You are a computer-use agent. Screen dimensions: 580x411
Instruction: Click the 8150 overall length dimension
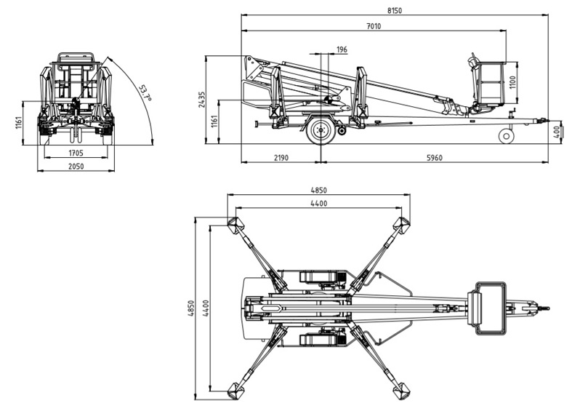tap(395, 11)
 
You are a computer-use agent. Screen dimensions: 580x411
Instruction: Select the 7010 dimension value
tap(374, 26)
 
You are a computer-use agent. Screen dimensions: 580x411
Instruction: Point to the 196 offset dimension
tap(342, 49)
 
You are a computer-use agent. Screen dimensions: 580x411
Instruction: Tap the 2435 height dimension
tap(201, 99)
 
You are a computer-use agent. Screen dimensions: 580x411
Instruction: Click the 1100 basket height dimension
tap(512, 83)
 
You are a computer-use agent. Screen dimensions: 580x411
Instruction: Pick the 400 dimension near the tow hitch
tap(557, 132)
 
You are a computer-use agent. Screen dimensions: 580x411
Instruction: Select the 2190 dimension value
tap(281, 158)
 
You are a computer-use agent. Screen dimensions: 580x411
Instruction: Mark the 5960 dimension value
tap(435, 158)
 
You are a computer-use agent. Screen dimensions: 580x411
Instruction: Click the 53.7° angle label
tap(145, 93)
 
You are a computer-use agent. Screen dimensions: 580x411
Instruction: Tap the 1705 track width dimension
tap(76, 153)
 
